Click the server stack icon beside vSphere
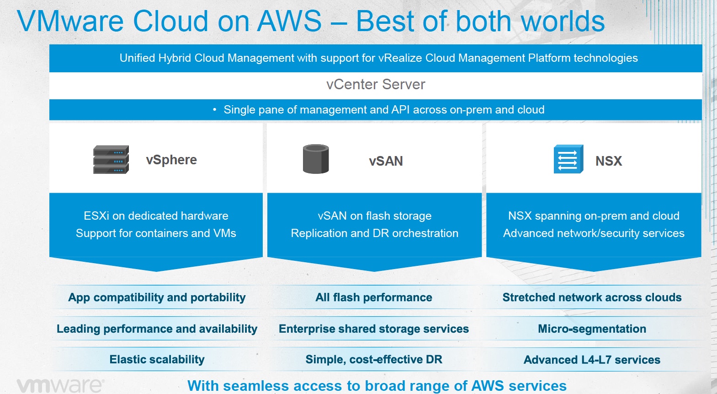coord(111,160)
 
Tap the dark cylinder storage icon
coord(316,159)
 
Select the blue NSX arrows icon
coord(568,159)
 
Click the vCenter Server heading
coord(376,85)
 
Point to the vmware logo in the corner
coord(60,385)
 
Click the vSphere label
coord(171,160)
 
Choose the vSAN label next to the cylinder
coord(386,161)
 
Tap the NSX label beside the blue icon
coord(608,161)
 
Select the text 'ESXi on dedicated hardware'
coord(156,216)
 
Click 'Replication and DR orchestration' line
coord(374,233)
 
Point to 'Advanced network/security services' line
coord(594,233)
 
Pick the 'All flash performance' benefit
coord(373,297)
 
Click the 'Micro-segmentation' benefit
coord(592,329)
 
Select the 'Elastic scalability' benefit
coord(157,360)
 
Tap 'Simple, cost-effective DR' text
coord(373,360)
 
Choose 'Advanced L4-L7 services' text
coord(592,360)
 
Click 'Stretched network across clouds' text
coord(592,297)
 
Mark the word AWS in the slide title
coord(289,21)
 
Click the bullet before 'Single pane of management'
coord(214,110)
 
